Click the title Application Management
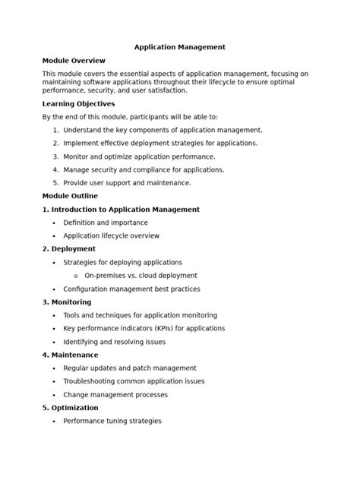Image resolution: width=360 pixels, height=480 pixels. [x=180, y=47]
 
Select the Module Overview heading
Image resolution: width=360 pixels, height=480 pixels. [x=74, y=61]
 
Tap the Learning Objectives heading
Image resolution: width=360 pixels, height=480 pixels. [x=78, y=104]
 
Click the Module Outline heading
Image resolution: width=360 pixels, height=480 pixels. [x=70, y=196]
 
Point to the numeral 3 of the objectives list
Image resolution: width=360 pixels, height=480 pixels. [x=55, y=156]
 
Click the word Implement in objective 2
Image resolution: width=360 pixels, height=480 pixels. [x=82, y=143]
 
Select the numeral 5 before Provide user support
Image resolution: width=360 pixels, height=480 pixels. [x=55, y=183]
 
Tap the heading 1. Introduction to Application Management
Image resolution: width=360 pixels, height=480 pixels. [x=121, y=210]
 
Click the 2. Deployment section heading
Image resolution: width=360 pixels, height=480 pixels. [x=68, y=249]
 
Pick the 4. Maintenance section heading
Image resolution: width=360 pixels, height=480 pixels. [x=70, y=355]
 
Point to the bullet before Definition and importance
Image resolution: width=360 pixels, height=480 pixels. [x=54, y=223]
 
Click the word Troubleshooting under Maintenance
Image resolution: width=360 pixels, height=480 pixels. [x=92, y=381]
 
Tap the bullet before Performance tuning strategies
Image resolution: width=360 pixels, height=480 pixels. [x=54, y=422]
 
